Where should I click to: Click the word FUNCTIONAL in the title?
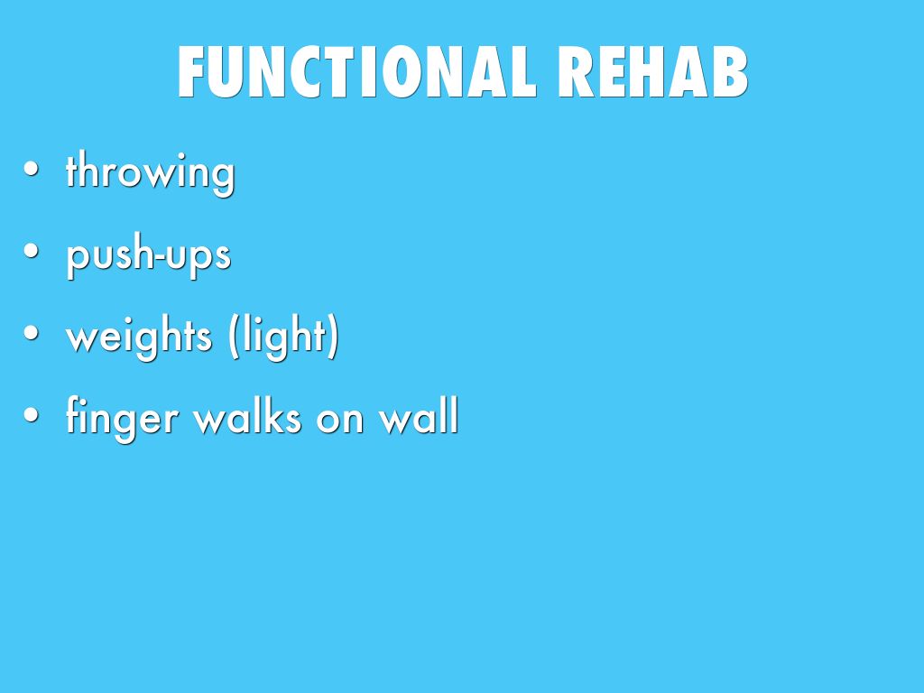click(x=356, y=71)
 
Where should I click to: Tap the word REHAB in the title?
click(x=652, y=71)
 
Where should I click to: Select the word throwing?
click(x=151, y=172)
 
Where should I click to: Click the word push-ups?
click(x=149, y=254)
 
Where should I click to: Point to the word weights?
click(x=139, y=336)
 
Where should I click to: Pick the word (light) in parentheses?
click(x=284, y=336)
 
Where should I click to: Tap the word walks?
click(x=247, y=416)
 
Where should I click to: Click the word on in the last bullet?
click(x=339, y=420)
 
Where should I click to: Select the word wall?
click(x=419, y=416)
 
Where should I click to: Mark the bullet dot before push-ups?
click(x=32, y=252)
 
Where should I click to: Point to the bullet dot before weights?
click(x=32, y=333)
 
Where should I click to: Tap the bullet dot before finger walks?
click(x=32, y=415)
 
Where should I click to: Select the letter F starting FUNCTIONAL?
click(x=191, y=71)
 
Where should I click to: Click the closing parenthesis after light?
click(x=333, y=336)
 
